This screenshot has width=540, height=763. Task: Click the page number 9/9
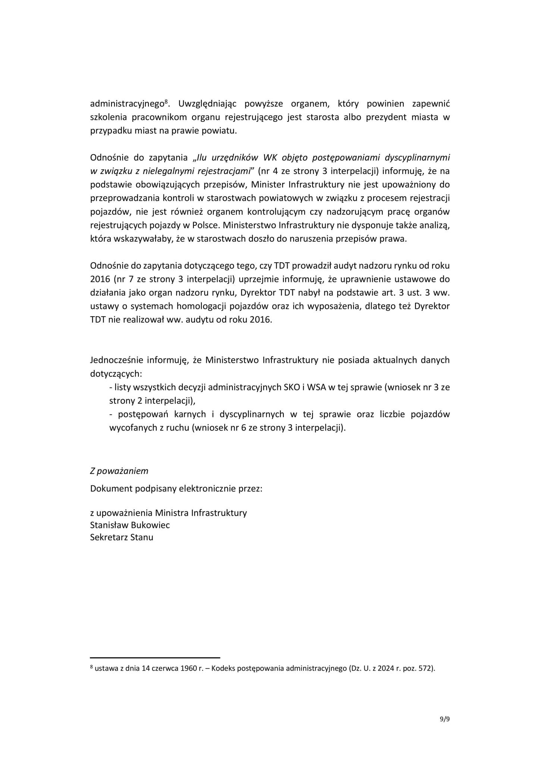(445, 719)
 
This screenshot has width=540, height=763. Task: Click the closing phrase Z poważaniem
(119, 471)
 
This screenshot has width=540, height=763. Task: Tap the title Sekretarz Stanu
(122, 537)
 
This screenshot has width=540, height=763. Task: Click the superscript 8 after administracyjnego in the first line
(166, 101)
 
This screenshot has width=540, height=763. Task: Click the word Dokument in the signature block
(108, 488)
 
